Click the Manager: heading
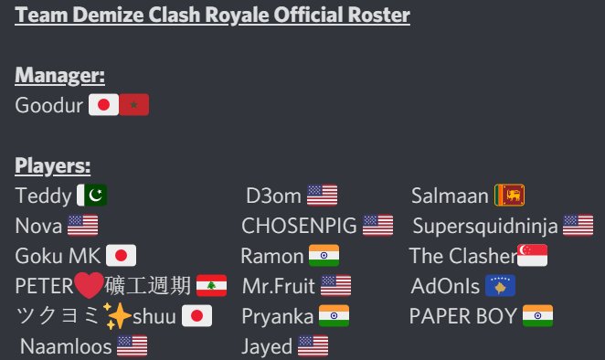(59, 76)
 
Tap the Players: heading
(52, 165)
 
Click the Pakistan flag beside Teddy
(92, 196)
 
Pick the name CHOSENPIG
(299, 226)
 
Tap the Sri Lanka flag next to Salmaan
(509, 196)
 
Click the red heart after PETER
(89, 286)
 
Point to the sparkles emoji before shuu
(117, 316)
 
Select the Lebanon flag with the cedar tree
(211, 286)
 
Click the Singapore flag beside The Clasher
(532, 256)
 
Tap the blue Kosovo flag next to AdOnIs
(500, 286)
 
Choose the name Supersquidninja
(484, 226)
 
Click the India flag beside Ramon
(324, 256)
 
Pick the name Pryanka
(278, 316)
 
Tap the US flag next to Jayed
(313, 346)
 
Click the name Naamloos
(66, 346)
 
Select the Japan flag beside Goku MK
(122, 256)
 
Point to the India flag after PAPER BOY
(537, 316)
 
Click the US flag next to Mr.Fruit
(335, 286)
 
